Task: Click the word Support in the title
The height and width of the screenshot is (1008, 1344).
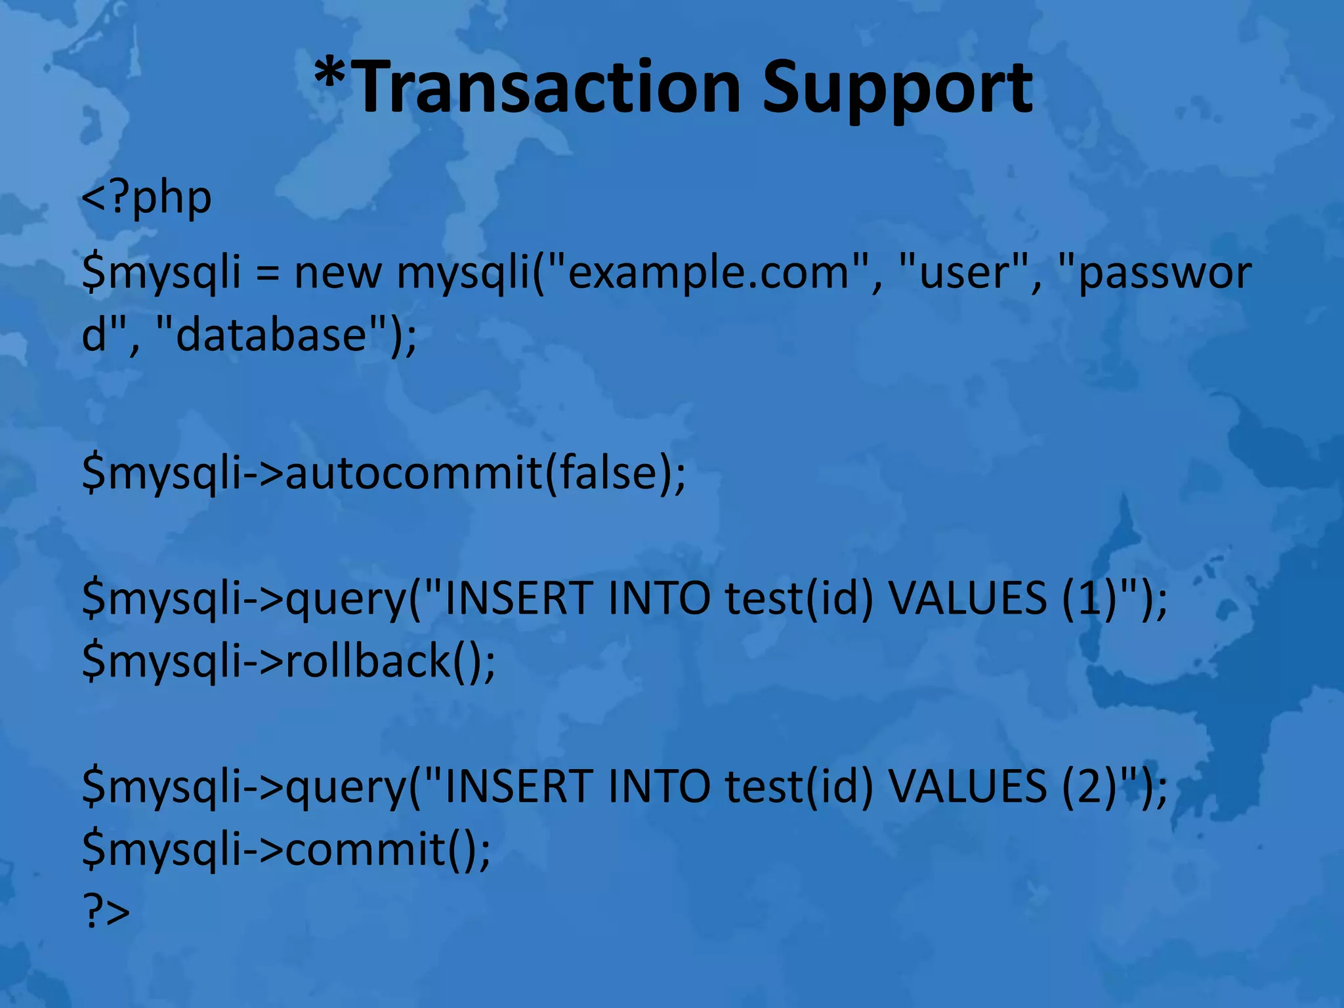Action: [x=897, y=87]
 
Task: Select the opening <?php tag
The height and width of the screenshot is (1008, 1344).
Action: [x=146, y=198]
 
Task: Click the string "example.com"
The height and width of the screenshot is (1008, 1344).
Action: [x=708, y=273]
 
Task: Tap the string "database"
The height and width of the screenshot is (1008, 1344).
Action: [x=271, y=335]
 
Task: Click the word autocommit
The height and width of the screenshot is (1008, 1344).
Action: [x=413, y=472]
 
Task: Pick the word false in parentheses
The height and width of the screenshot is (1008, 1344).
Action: [x=608, y=472]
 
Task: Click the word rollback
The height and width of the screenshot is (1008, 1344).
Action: [x=367, y=661]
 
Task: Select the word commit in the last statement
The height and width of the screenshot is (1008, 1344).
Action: [x=366, y=849]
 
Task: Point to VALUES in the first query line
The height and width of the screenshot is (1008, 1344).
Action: [x=967, y=598]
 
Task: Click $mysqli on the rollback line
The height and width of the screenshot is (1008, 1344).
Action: [x=161, y=661]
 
